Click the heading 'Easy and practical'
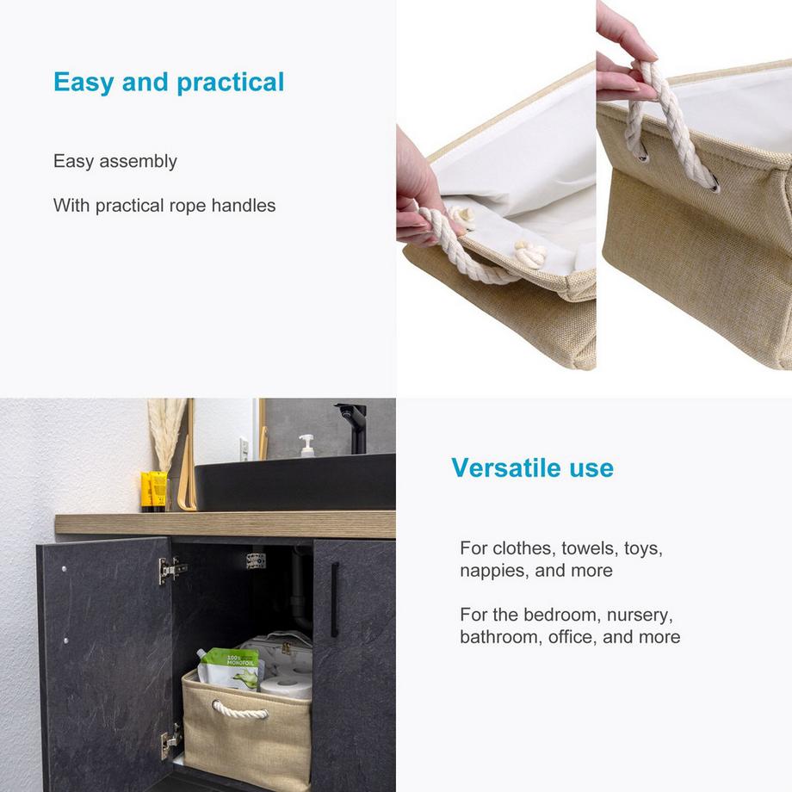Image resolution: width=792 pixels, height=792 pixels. point(169,83)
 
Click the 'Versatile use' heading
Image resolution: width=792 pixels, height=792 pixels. point(532,468)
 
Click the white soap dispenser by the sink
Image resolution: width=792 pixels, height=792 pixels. point(306,446)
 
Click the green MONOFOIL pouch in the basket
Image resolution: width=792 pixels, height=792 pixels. point(231,666)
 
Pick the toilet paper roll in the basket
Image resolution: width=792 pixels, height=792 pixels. point(287,685)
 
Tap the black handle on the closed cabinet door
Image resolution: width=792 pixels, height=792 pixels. point(335,599)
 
